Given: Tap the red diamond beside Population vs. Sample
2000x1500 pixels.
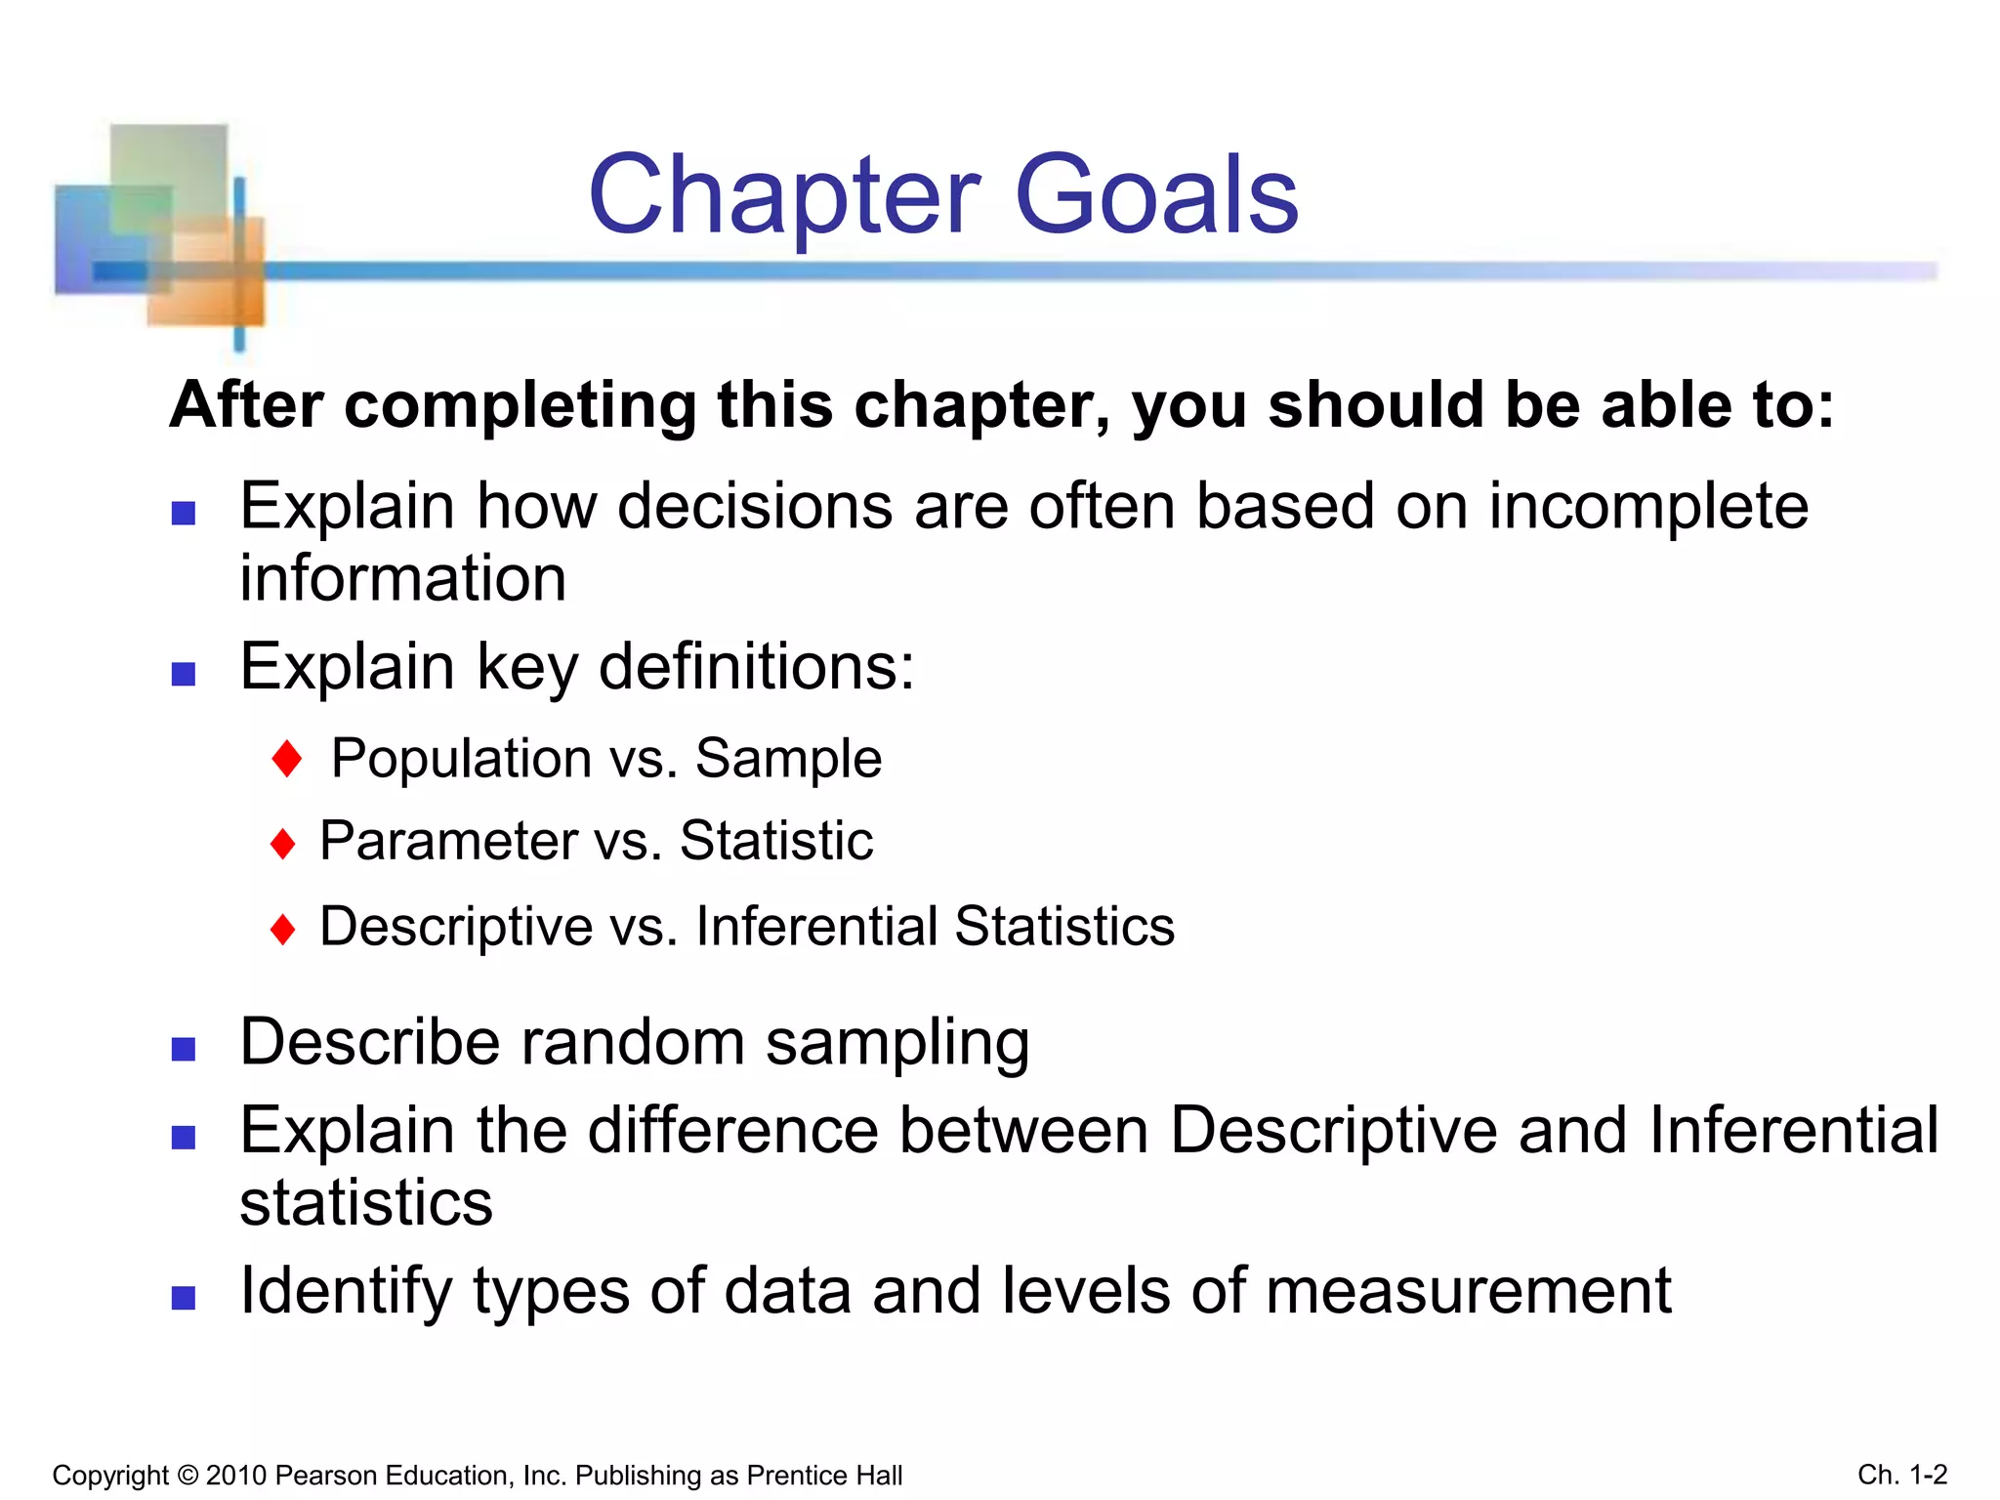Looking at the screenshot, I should (x=287, y=759).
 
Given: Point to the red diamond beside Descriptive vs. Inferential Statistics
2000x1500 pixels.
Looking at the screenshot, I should (x=283, y=929).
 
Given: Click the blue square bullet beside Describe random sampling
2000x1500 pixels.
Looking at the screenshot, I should (x=184, y=1049).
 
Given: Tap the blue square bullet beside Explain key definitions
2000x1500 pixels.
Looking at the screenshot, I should (x=184, y=674).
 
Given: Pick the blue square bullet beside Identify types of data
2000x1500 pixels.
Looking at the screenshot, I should (x=184, y=1298).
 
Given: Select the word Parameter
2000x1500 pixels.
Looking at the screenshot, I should (x=449, y=842).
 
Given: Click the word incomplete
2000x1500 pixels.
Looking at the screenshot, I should (x=1648, y=508).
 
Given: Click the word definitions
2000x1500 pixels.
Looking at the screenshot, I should (x=756, y=668).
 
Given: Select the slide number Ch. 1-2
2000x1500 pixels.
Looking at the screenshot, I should (x=1902, y=1475).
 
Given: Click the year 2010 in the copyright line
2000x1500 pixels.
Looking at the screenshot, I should (x=236, y=1476).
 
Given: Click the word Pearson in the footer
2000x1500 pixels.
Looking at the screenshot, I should (x=324, y=1476).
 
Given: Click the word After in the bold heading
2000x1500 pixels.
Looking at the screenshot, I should (x=247, y=405).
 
